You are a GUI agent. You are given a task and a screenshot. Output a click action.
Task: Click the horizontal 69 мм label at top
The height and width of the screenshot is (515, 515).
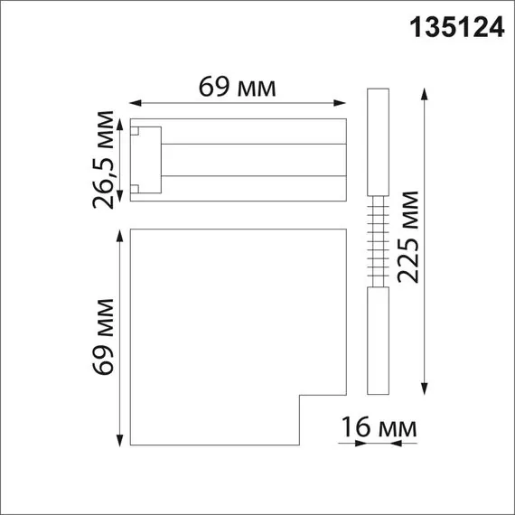(237, 87)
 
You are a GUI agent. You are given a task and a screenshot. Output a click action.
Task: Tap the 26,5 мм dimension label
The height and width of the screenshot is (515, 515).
(108, 159)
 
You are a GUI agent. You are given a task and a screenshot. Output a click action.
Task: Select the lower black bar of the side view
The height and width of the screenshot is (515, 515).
(378, 341)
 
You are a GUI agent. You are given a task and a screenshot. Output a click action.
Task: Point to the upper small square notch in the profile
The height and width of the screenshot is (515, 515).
(136, 131)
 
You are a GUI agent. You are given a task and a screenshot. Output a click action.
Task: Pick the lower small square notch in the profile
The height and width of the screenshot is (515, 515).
(136, 188)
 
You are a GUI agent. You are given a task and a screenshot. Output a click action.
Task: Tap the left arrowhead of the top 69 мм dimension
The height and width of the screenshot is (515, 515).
(133, 102)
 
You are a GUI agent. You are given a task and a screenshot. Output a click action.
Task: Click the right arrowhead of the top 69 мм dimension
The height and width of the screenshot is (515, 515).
(345, 102)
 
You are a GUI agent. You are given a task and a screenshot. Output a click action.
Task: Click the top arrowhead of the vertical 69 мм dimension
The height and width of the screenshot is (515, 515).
(120, 234)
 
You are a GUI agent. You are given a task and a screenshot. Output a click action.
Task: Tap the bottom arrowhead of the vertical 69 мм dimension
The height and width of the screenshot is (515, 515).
(120, 445)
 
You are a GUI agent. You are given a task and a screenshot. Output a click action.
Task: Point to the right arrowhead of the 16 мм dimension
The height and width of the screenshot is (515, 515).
(413, 443)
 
